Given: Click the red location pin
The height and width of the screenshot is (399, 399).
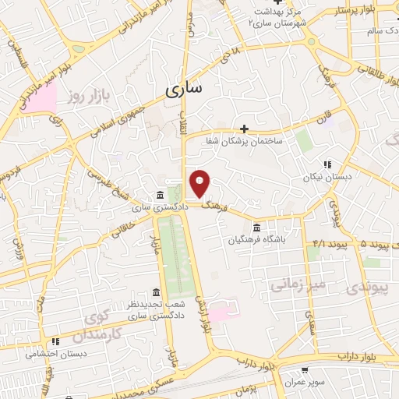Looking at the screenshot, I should point(200,183).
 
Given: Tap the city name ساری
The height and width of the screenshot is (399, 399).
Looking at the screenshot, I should point(184,89).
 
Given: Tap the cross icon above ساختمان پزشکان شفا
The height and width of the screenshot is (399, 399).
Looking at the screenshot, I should point(245,129).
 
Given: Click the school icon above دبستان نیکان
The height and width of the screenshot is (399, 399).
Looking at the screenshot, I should point(327,164).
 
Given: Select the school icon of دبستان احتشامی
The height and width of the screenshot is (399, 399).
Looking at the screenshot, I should point(55,341).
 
